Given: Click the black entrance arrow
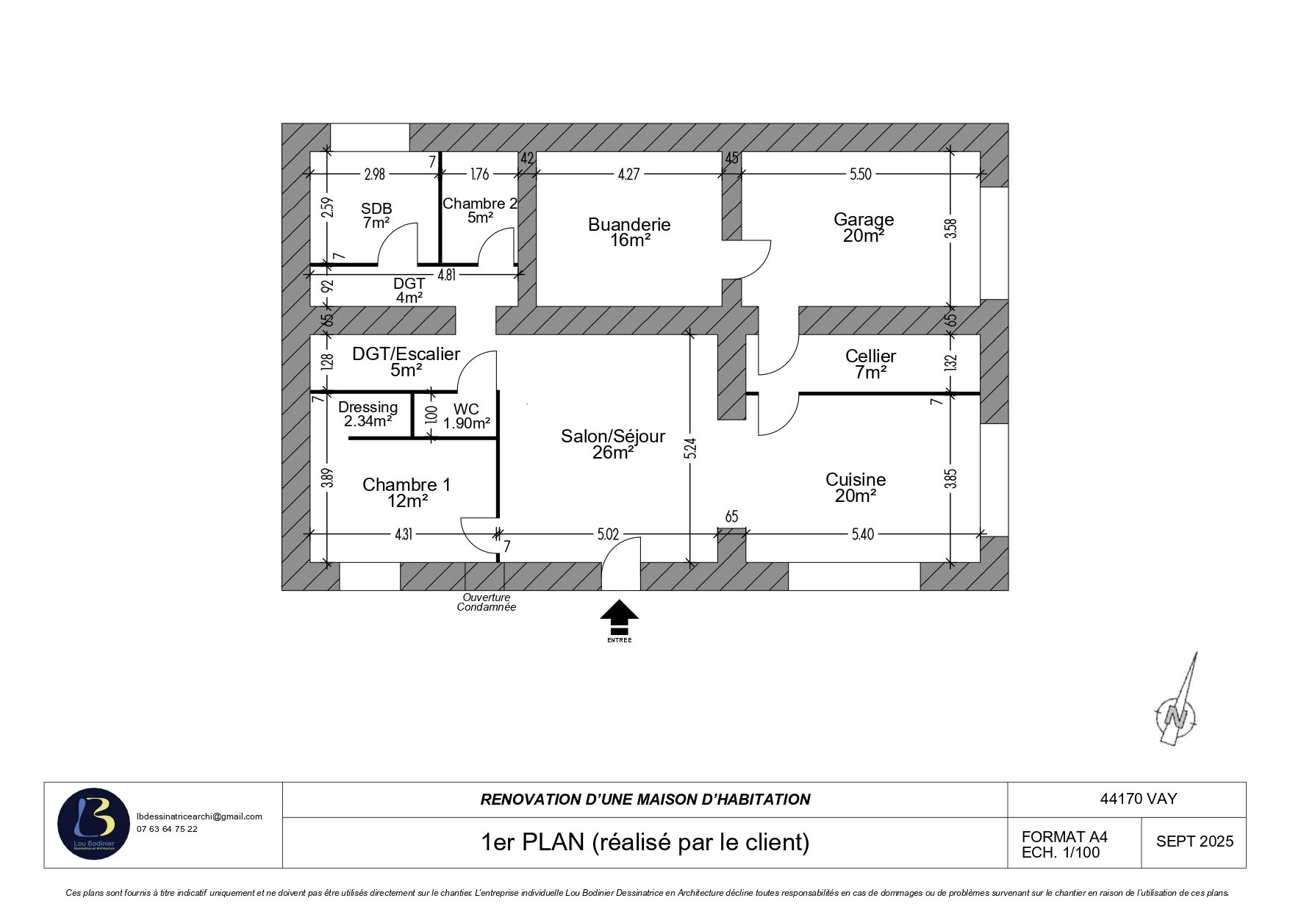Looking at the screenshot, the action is coord(619,617).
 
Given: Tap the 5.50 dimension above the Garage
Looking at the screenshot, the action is coord(860,174).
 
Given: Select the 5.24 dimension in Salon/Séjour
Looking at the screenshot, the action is coord(689,448).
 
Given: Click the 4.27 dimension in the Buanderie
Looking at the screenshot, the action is coord(628,174).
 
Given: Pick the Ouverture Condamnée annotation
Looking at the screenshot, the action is coord(486,603).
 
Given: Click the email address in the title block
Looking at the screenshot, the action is coord(199,816).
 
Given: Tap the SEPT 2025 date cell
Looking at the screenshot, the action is coord(1194,842).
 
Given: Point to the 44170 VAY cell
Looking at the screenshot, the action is coord(1138,799).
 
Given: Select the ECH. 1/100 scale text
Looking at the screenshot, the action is coord(1061,853).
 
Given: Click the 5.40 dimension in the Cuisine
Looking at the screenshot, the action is coord(863,534).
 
